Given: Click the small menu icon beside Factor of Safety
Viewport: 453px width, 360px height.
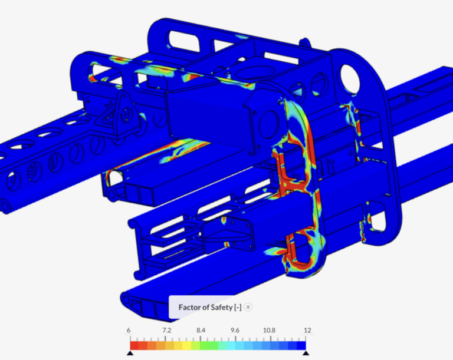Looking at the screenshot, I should (x=248, y=307).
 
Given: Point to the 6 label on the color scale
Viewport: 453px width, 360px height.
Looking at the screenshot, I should (x=129, y=331).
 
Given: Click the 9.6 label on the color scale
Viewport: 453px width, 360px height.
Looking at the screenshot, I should (x=235, y=331).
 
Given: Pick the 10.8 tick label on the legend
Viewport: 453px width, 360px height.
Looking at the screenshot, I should (x=270, y=331).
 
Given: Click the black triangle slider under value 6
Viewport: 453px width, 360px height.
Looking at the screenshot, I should (x=130, y=353).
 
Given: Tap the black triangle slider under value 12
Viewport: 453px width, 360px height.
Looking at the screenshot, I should (x=305, y=353).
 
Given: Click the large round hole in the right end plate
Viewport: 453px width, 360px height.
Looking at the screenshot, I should (x=349, y=75).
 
